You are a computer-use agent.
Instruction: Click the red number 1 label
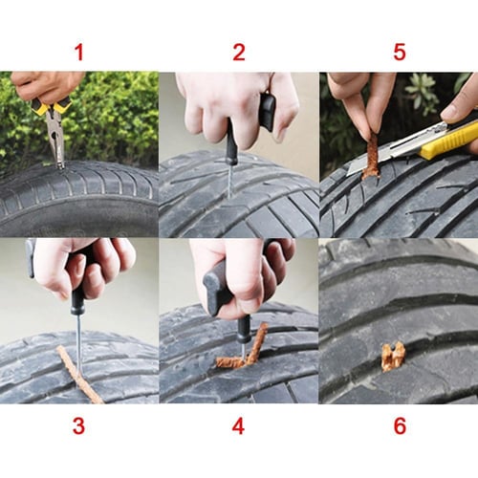(78, 53)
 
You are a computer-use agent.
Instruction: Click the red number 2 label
(238, 53)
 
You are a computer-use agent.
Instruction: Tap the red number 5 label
(399, 53)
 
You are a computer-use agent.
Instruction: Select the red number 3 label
(78, 426)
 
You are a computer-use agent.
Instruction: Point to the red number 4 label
(238, 426)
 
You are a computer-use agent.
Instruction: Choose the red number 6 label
(399, 426)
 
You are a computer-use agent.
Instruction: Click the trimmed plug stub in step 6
(393, 356)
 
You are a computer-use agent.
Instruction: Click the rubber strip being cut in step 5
(371, 158)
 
